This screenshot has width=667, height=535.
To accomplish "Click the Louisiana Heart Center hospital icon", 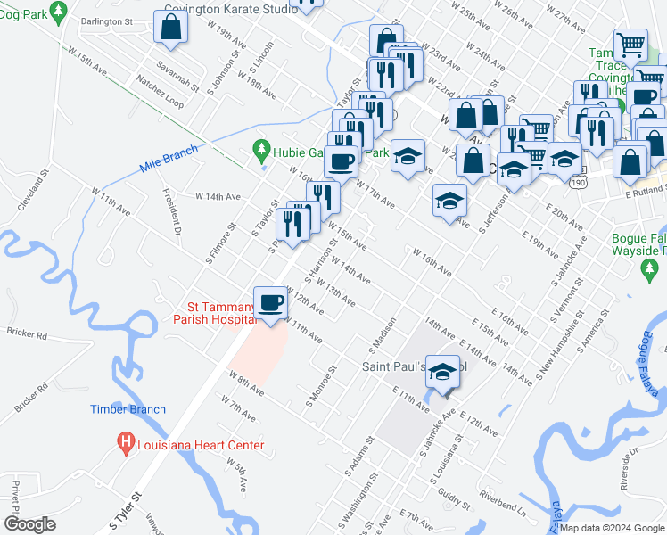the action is pos(126,441).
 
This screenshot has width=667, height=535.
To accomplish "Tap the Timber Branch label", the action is pos(128,409).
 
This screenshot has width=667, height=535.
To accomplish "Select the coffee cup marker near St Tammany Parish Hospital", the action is pos(270,302).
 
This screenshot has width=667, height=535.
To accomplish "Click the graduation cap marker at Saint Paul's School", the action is pos(442,373).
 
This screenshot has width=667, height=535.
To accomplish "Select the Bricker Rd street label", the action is pos(25,333).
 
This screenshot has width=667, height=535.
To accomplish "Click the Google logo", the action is pos(29,523).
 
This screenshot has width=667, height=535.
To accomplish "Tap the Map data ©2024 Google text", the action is pos(611,528).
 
